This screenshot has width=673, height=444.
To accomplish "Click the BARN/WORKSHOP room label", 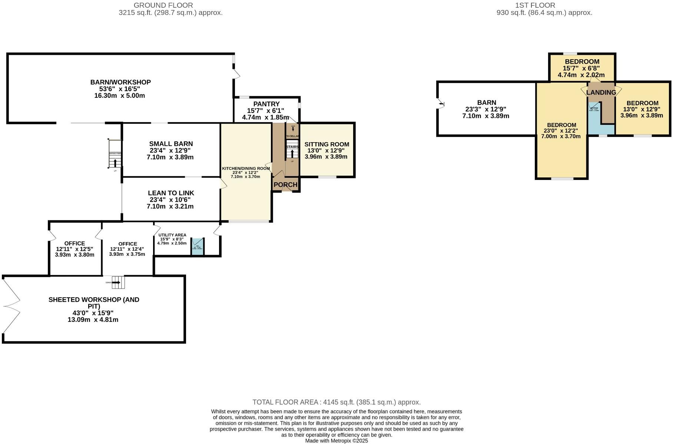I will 120,82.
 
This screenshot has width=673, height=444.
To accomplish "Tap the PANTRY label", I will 266,104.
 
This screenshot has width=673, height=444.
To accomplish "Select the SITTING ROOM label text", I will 326,144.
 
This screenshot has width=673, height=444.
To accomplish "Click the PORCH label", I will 285,185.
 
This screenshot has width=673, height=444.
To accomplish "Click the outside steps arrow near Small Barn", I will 115,163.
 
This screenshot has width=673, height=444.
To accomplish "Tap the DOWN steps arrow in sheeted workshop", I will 116,283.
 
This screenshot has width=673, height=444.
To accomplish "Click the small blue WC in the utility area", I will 198,246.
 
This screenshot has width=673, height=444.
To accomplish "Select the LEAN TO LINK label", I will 171,193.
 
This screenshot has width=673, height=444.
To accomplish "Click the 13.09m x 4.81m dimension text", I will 93,320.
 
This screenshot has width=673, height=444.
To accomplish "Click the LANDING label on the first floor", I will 601,93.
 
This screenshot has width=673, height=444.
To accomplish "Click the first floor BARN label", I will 486,103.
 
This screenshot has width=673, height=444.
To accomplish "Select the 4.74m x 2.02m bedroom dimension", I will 581,75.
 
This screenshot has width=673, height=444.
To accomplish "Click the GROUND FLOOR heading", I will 163,5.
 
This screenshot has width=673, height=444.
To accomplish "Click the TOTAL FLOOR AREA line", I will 336,402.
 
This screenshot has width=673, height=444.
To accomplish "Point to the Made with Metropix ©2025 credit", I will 336,441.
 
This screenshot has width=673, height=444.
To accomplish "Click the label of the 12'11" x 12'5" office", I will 74,243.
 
